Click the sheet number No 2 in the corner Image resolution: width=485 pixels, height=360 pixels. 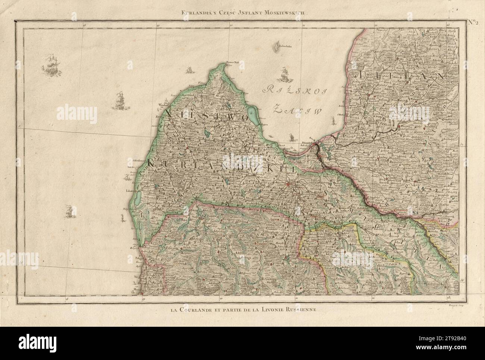474,21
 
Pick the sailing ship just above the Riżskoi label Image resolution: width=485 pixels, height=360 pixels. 284,74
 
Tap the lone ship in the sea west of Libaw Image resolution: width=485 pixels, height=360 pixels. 68,211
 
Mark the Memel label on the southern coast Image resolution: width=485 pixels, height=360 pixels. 135,289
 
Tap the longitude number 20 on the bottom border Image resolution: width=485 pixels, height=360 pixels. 221,298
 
